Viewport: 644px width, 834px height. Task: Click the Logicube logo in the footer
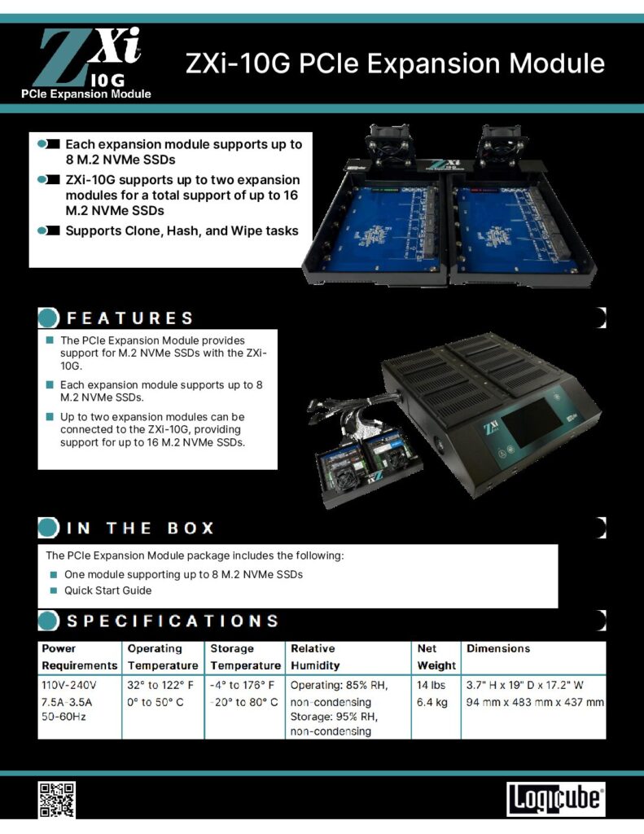556,799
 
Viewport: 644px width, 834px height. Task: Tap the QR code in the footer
56,799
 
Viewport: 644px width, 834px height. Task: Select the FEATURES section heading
130,318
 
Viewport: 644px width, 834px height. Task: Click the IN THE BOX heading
140,528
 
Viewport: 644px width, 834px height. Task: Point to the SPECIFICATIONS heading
173,621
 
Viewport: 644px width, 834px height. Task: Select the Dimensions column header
498,649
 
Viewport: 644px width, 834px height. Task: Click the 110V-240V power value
69,685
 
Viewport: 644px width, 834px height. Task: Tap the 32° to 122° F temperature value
160,685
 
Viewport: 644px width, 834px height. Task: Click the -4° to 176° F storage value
242,685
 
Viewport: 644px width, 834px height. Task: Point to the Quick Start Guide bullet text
108,590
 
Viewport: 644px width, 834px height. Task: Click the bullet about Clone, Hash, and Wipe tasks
182,230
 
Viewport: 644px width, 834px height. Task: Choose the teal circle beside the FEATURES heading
49,318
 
